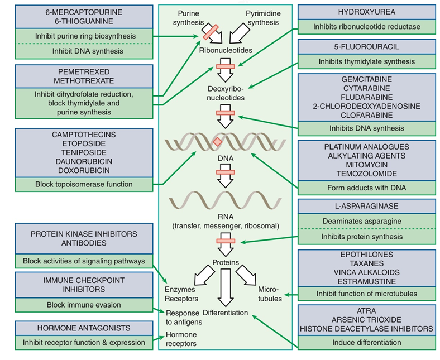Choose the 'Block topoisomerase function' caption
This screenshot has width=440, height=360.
[83, 184]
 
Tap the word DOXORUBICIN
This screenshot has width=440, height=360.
[83, 170]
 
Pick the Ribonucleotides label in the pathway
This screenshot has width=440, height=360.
[226, 50]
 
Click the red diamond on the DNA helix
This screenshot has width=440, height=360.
[217, 142]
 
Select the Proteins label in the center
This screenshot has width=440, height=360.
[226, 262]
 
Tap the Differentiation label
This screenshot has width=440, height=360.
[226, 313]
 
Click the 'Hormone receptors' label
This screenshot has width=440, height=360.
[181, 339]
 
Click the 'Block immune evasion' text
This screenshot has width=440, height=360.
[83, 305]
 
